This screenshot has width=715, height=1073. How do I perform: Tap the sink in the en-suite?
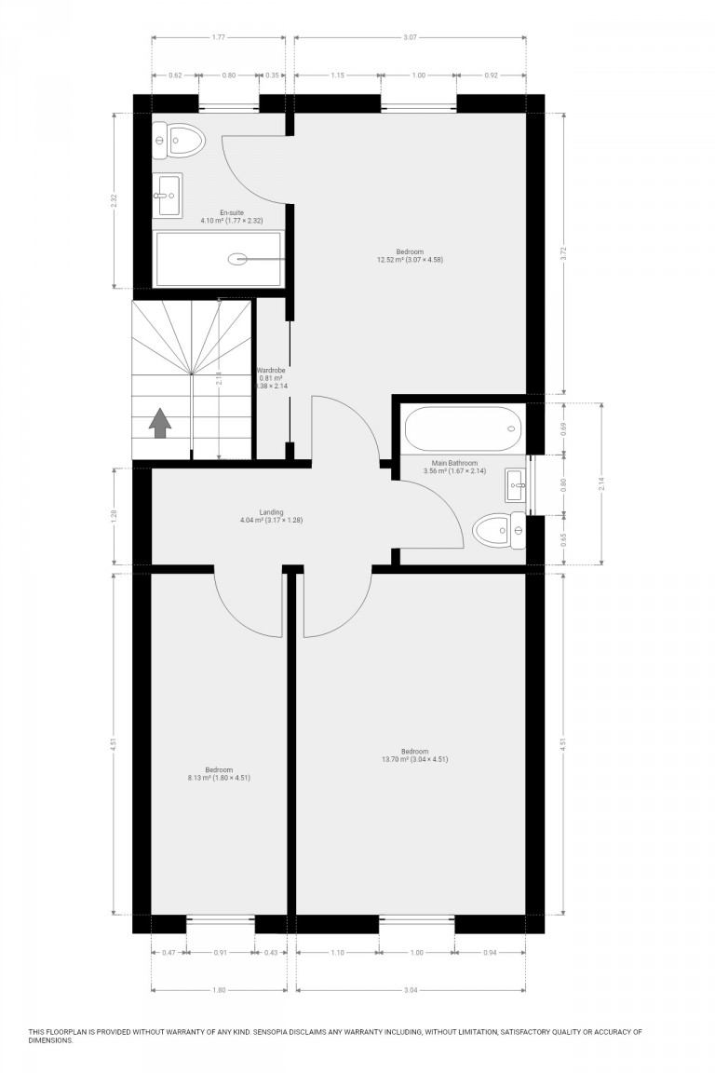point(169,195)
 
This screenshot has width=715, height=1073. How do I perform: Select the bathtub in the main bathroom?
point(462,429)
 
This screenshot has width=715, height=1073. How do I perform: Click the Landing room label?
point(271,515)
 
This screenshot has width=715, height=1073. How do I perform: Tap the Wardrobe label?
point(271,371)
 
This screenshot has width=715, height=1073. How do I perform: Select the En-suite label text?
point(231,214)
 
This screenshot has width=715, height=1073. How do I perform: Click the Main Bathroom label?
point(454,463)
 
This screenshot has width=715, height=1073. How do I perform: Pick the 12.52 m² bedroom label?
point(410,255)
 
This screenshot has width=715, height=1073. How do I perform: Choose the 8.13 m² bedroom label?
point(220,772)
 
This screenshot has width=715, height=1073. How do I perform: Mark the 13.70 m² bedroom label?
point(414,754)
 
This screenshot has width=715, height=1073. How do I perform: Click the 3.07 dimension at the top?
point(410,37)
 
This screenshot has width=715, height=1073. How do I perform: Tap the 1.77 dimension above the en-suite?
point(218,37)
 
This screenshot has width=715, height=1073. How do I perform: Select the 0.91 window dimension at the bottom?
point(220,952)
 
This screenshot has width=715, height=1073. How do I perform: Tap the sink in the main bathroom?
point(515,484)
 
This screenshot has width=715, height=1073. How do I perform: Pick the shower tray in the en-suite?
point(218,259)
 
